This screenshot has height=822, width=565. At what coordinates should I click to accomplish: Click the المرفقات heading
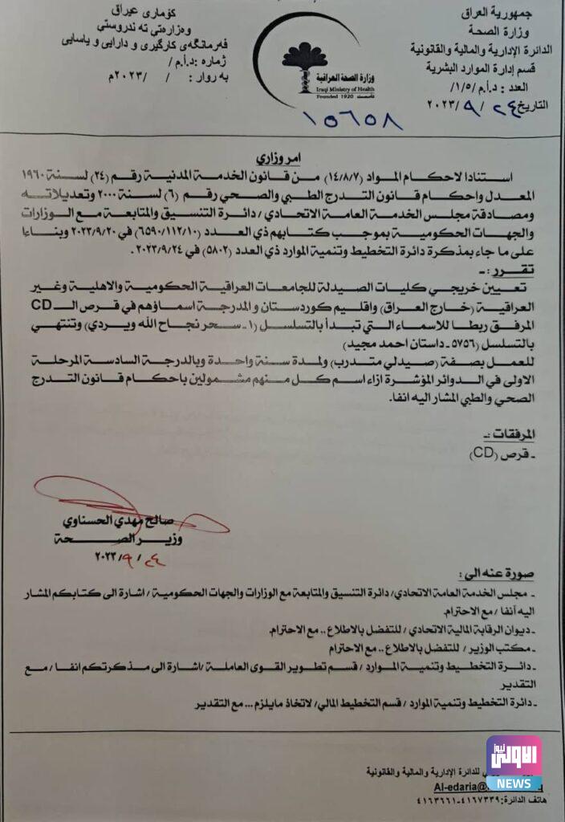pyautogui.click(x=510, y=434)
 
